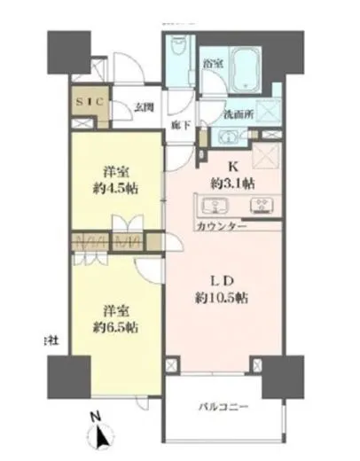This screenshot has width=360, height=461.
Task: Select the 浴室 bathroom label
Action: (212, 63)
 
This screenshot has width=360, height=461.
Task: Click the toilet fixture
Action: (176, 52)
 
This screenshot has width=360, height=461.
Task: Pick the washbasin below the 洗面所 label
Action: (228, 137)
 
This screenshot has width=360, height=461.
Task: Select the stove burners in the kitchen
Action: (262, 207)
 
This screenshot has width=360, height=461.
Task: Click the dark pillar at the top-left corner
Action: (67, 52)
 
